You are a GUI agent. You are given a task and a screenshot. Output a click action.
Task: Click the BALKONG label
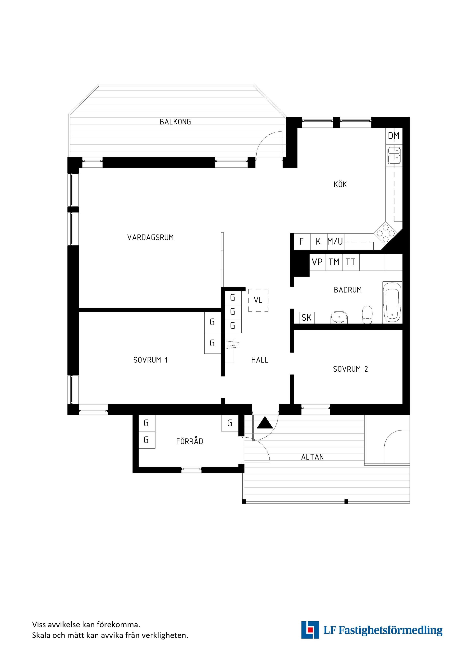pos(175,122)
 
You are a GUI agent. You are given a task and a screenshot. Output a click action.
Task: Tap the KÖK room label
pos(340,184)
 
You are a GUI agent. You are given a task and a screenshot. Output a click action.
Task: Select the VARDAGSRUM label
pos(151,237)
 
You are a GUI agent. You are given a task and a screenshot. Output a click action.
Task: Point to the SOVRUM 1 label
pos(151,360)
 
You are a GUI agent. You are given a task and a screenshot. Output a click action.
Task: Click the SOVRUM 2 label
pos(350,369)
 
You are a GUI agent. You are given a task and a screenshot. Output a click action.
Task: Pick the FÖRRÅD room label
pos(190,441)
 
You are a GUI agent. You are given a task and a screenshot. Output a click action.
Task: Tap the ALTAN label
pos(312,457)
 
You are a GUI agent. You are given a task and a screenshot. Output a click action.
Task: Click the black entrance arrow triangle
pos(265,423)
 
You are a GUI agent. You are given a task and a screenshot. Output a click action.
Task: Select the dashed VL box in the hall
pos(258,300)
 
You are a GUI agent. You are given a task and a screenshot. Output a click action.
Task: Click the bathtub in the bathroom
pos(392,302)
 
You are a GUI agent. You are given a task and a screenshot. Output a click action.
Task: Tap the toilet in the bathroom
pos(367,315)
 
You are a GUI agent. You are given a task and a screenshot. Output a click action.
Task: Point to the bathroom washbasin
pos(339,317)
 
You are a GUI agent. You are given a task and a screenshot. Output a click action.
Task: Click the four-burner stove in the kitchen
pos(386,234)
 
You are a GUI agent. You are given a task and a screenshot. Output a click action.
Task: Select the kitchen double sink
pos(394,156)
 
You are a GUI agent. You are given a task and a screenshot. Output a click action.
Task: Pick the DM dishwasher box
pos(393,135)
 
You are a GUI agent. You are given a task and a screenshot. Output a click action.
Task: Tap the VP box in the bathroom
pos(317,262)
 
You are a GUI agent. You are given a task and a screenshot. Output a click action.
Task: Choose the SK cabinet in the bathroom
pos(307,318)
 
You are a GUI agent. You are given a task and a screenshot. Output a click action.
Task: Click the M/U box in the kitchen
pos(335,241)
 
